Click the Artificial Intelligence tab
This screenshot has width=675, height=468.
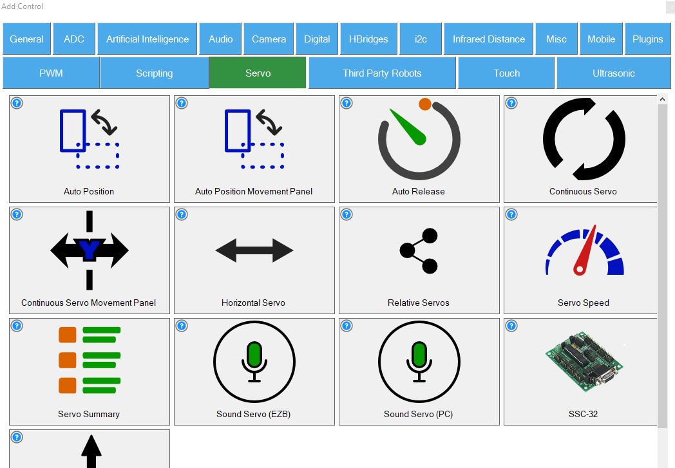[147, 39]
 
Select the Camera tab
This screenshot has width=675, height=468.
[269, 39]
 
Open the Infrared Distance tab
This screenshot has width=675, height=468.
[489, 39]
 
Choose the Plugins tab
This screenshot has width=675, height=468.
[647, 39]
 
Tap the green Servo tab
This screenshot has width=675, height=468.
[258, 73]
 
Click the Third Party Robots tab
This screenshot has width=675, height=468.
[382, 73]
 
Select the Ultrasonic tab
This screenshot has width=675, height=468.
[613, 73]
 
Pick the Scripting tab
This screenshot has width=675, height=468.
[154, 73]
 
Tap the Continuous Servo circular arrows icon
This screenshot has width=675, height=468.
[584, 139]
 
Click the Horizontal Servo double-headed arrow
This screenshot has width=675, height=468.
[254, 250]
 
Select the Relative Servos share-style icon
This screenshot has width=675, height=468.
[419, 250]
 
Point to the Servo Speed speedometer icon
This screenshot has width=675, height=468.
[584, 251]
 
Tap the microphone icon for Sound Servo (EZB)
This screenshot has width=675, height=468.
[254, 361]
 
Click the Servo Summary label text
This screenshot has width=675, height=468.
[89, 414]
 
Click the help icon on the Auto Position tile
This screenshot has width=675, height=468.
[17, 103]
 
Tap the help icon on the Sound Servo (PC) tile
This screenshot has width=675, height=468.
[347, 325]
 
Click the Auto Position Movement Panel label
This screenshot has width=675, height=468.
[254, 191]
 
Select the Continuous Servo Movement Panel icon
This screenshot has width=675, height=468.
[89, 250]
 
